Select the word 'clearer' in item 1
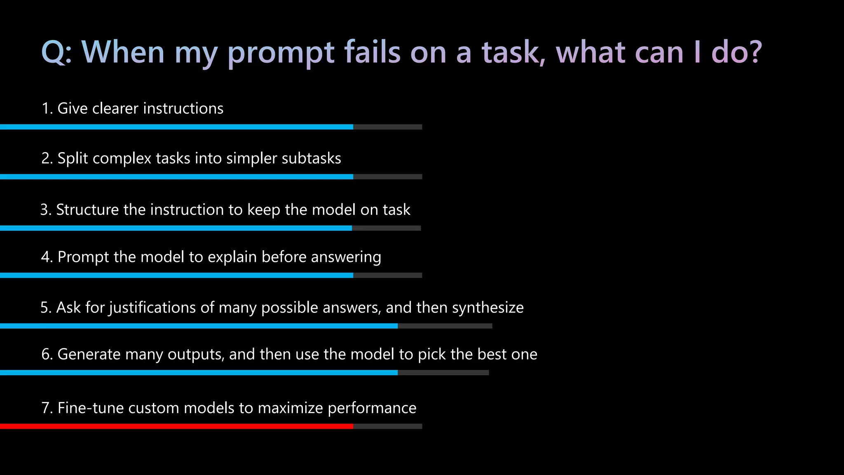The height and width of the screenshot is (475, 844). tap(115, 108)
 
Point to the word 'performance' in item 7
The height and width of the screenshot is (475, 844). tap(372, 408)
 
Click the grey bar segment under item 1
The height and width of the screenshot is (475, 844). tap(387, 127)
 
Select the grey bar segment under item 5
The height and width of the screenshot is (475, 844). tap(445, 326)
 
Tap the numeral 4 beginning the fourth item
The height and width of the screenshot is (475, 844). tap(45, 257)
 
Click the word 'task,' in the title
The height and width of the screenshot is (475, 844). tap(513, 52)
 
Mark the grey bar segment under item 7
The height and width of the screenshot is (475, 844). tap(387, 426)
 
